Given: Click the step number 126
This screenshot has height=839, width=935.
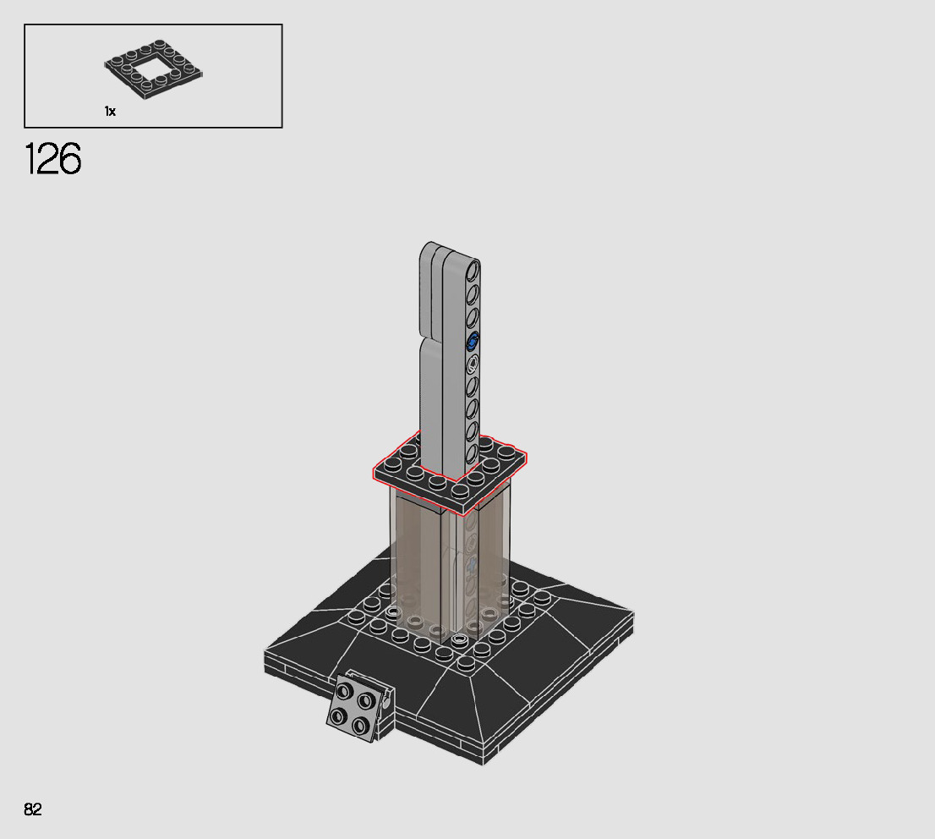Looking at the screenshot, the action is pyautogui.click(x=52, y=159).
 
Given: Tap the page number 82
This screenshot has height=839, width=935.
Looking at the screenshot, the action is pyautogui.click(x=33, y=809).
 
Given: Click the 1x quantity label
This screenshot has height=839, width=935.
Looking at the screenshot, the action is pyautogui.click(x=110, y=112).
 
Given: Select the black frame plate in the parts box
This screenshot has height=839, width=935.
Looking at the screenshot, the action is pyautogui.click(x=154, y=69).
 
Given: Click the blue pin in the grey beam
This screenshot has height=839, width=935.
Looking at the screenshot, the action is pyautogui.click(x=473, y=342).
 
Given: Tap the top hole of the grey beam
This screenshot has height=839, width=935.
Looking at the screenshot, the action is pyautogui.click(x=473, y=271).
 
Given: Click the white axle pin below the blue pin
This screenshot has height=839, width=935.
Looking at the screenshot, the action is pyautogui.click(x=473, y=364).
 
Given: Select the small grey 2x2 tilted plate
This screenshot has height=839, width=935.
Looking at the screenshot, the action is pyautogui.click(x=359, y=706).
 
